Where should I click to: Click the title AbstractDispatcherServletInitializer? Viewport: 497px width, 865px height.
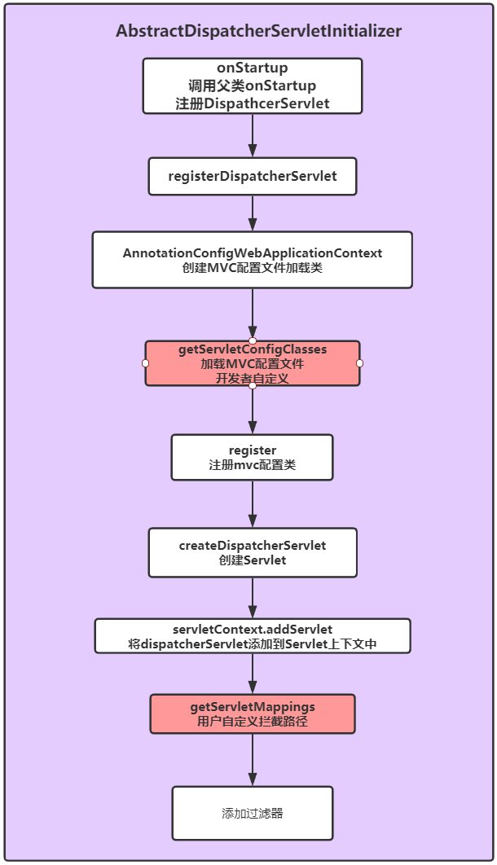click(x=258, y=31)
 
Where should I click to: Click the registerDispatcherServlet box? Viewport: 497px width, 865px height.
click(x=253, y=176)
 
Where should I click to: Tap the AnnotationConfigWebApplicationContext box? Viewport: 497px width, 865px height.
click(x=253, y=260)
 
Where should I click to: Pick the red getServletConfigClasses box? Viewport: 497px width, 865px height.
click(x=253, y=363)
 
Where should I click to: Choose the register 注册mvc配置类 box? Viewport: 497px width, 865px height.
click(x=253, y=457)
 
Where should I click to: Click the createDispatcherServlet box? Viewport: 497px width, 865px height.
click(x=253, y=552)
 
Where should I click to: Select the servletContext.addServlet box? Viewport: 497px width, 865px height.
click(x=253, y=636)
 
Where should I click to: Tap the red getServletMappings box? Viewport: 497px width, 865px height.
click(x=253, y=714)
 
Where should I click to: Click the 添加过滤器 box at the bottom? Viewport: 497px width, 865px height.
click(x=253, y=813)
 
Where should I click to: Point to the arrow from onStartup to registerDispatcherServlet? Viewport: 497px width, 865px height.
click(x=253, y=135)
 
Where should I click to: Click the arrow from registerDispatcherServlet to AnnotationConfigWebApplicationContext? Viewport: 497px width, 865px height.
click(x=253, y=213)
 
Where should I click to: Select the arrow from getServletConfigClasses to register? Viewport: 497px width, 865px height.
click(x=253, y=411)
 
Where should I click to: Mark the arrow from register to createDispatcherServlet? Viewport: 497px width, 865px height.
click(x=253, y=504)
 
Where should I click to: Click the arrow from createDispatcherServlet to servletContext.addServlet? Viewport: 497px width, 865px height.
click(x=253, y=598)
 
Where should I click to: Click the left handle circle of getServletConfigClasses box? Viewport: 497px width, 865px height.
click(x=145, y=363)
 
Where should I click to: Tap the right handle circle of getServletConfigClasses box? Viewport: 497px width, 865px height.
click(x=359, y=363)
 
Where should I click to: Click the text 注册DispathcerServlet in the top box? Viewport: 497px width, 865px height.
click(x=253, y=103)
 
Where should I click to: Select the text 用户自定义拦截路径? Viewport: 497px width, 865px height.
click(x=253, y=721)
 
